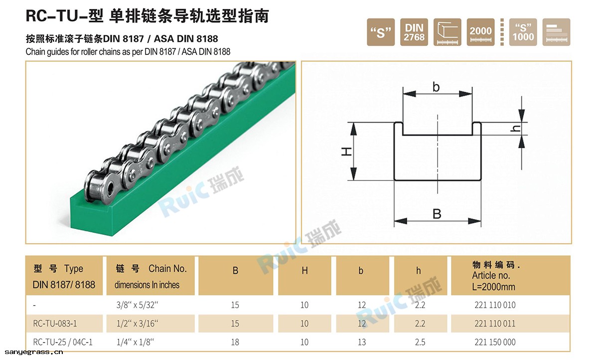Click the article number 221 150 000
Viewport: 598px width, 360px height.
tap(495, 342)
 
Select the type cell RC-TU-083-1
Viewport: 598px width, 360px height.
tap(55, 324)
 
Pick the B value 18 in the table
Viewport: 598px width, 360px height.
tap(235, 342)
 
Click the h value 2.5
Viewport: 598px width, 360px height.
tap(420, 342)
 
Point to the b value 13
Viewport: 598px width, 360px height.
tap(362, 342)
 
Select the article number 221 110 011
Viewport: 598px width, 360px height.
tap(495, 324)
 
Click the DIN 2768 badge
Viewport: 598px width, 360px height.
tap(414, 32)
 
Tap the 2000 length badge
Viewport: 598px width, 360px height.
tap(480, 32)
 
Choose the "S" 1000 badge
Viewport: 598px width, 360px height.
tap(523, 32)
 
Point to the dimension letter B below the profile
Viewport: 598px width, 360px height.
tap(437, 214)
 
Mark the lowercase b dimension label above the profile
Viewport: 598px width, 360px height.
tap(437, 87)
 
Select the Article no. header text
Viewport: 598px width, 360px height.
tap(491, 275)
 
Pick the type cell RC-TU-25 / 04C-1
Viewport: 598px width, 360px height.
tap(63, 342)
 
